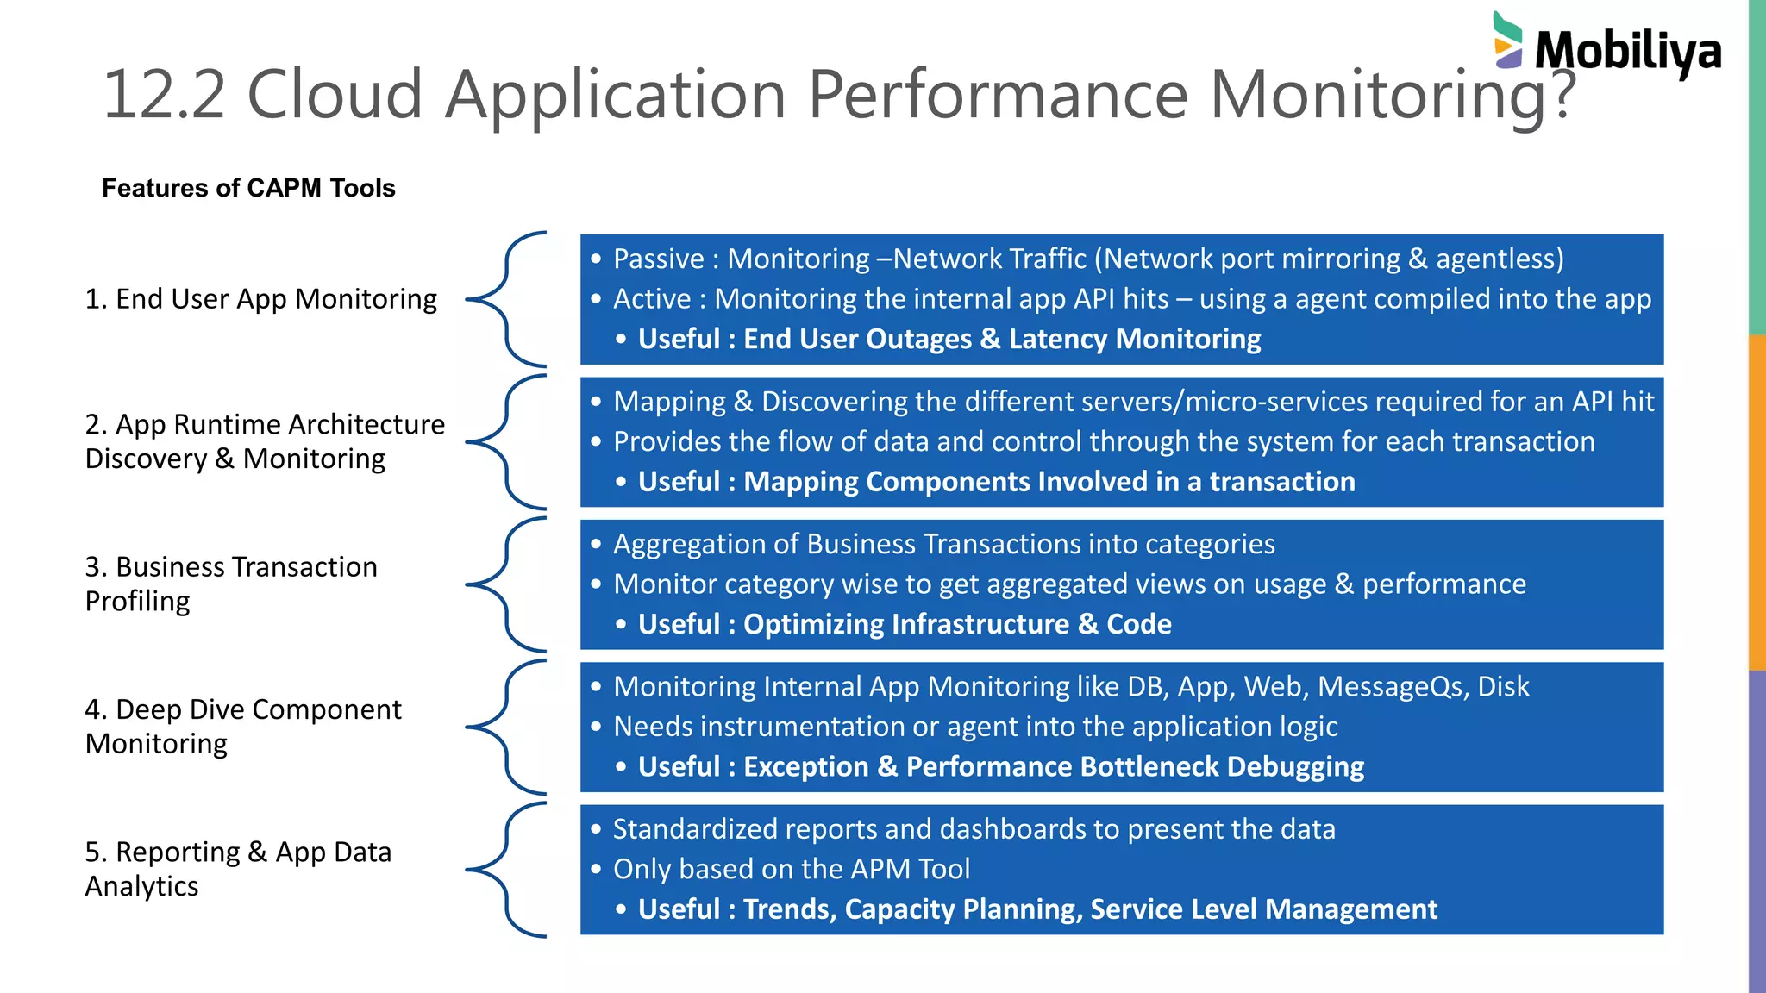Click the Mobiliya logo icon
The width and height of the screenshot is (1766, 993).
point(1508,41)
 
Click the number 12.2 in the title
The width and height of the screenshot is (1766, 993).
point(164,94)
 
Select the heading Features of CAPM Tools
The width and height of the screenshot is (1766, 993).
point(248,188)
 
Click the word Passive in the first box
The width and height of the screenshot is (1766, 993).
point(659,259)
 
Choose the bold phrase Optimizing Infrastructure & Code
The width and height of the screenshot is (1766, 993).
point(957,624)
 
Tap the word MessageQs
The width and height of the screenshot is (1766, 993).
point(1393,687)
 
